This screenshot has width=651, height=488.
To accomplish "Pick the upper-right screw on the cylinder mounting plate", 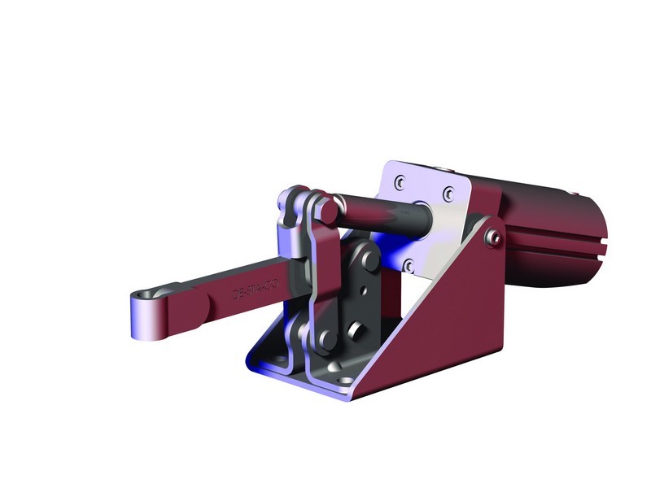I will [x=448, y=194].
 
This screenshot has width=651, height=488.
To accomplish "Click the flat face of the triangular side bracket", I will [x=456, y=317].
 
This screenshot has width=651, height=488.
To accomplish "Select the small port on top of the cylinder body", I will [x=575, y=194].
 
